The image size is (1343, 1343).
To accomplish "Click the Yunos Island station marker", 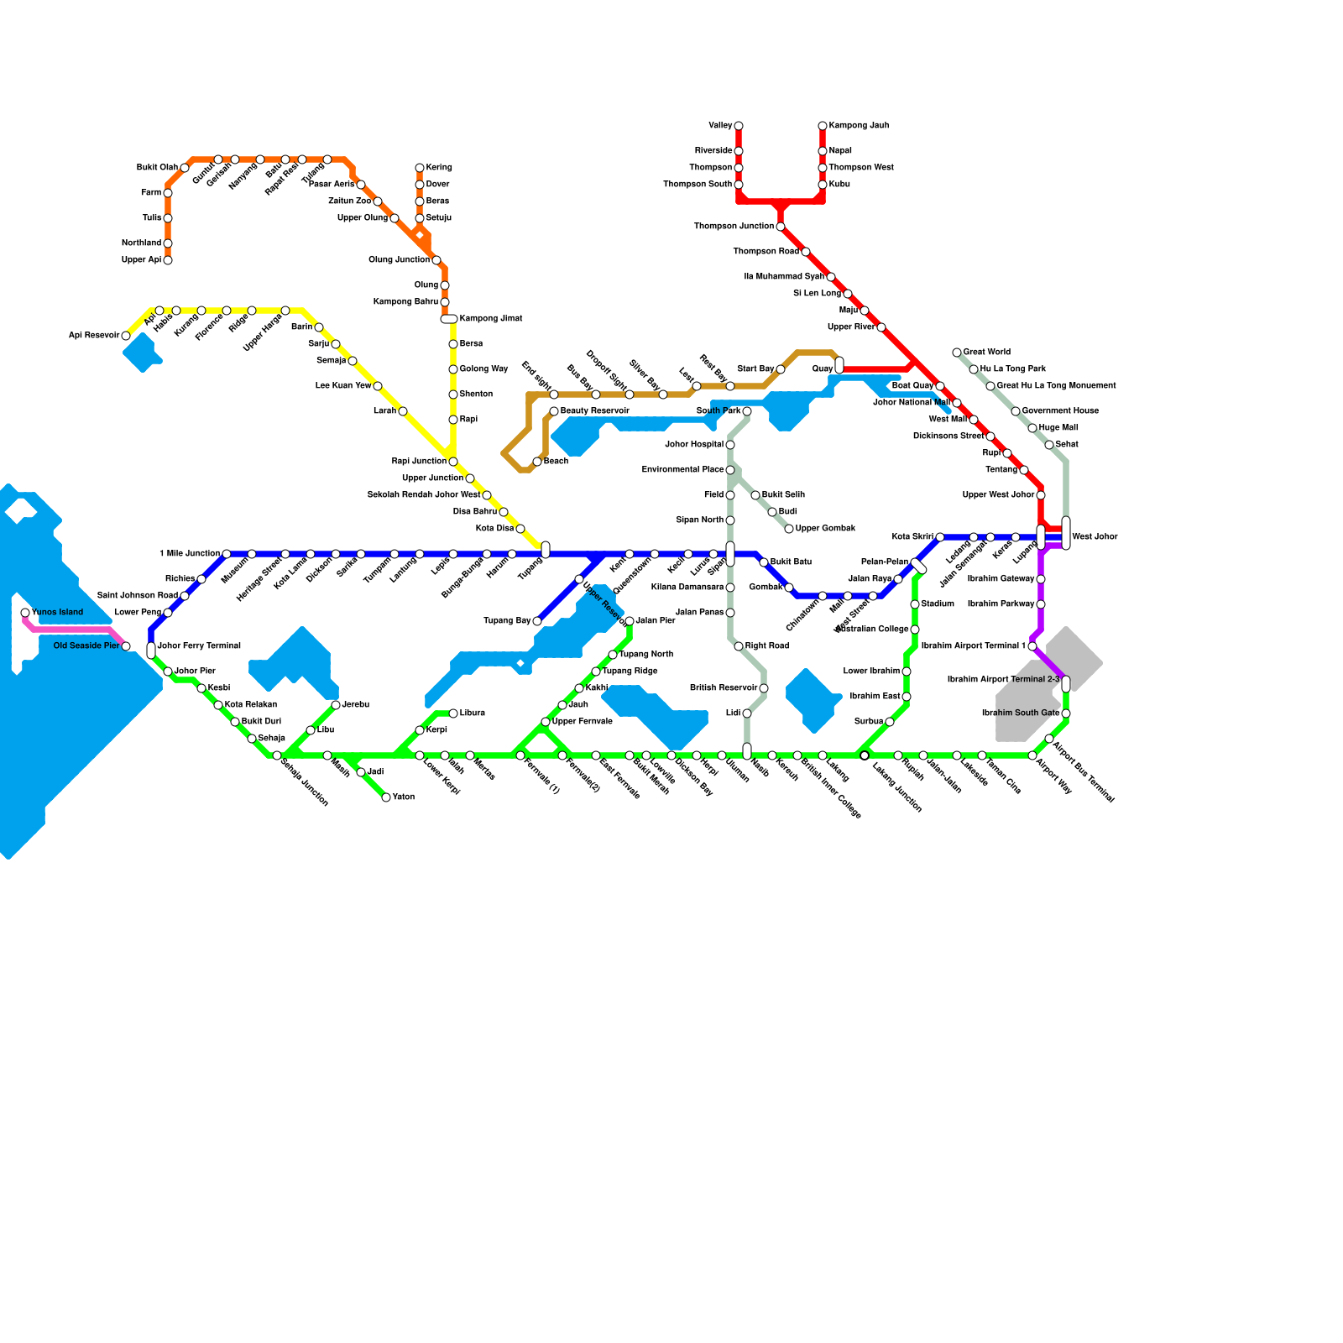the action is coord(25,613).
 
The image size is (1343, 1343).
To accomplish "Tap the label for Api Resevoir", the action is coord(94,336).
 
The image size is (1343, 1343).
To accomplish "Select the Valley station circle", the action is coord(739,126).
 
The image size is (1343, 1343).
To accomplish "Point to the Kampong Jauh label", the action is coord(859,126).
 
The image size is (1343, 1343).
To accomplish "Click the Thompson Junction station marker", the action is coord(781,227).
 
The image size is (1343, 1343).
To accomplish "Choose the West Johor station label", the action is coord(1095,537).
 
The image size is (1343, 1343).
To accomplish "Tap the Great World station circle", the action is coord(957,353).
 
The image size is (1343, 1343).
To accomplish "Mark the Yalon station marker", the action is coord(386,797).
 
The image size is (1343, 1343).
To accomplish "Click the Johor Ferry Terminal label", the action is coord(199,646).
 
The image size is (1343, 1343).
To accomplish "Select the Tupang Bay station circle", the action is coord(537,621).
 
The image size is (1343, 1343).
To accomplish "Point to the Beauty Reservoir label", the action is coord(594,411).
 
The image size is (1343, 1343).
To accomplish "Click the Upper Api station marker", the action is coord(168,260).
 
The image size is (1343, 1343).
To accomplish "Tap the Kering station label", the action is coord(439,168).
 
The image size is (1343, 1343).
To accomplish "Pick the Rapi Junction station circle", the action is coord(453,462).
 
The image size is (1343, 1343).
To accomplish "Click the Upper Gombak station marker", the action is coord(789,529).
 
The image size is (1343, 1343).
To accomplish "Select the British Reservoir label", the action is coord(724,688).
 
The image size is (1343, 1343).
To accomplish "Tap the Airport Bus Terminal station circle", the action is coord(1049,739).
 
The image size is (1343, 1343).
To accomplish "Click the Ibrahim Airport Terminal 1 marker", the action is coord(1032,646).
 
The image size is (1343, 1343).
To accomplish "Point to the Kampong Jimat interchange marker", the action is coord(449,319).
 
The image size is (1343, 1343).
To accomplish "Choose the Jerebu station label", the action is coord(356,705).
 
